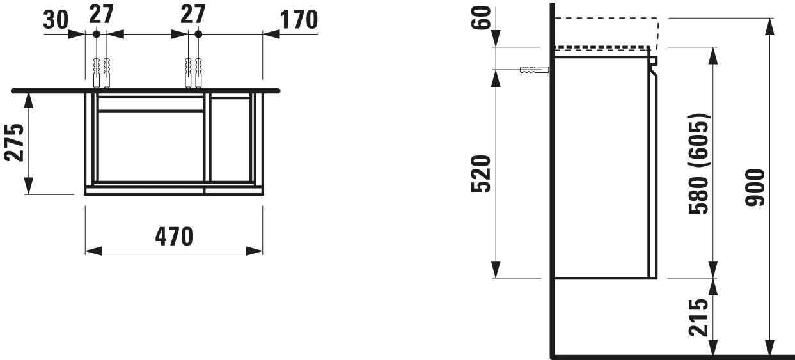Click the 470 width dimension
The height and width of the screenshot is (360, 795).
(x=173, y=237)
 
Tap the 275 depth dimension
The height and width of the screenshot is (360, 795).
(x=15, y=142)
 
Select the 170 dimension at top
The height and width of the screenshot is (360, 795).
(x=297, y=20)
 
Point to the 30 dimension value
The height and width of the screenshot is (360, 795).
(x=56, y=20)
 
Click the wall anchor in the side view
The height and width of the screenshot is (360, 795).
(x=535, y=69)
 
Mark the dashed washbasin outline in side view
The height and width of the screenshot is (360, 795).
(x=606, y=32)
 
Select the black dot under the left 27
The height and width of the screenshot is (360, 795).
(x=95, y=33)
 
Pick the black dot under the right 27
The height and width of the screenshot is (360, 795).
(x=198, y=33)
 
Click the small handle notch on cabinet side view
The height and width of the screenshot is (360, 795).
(x=654, y=61)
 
